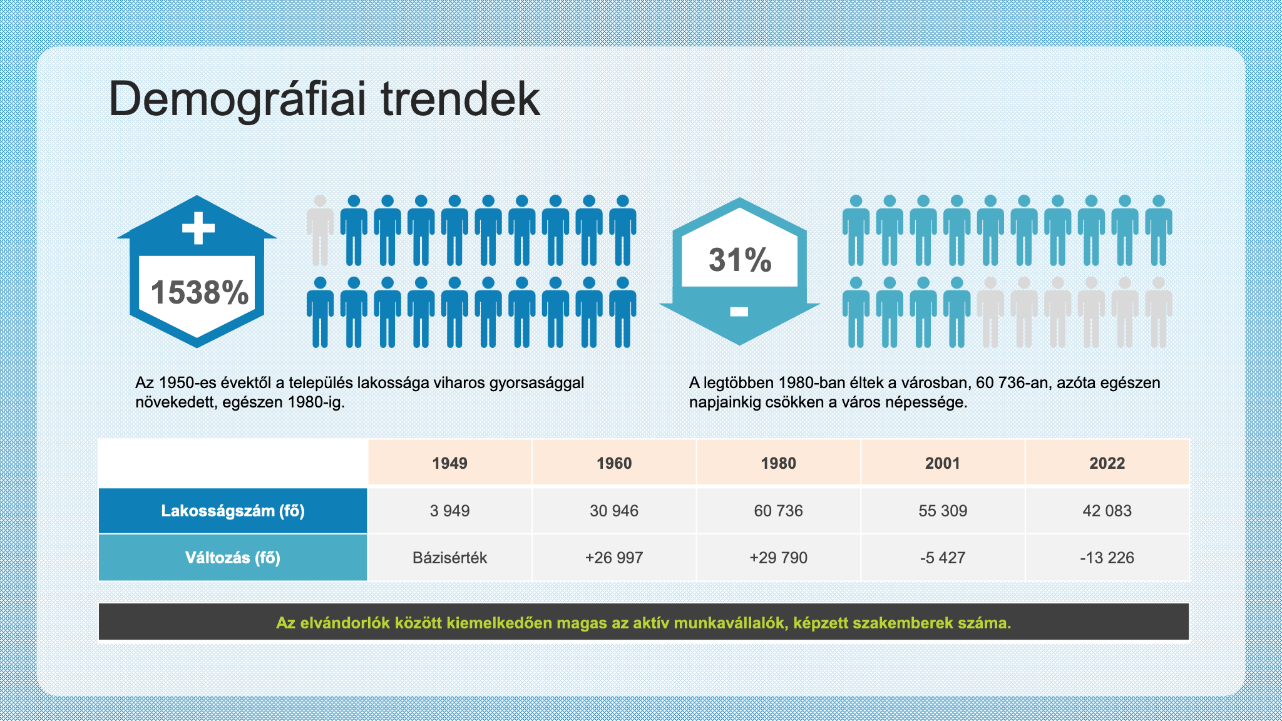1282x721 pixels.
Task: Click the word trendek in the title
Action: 460,100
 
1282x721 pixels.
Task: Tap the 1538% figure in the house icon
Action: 200,292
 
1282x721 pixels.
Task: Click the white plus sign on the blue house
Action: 198,228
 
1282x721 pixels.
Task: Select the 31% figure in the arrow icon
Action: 740,260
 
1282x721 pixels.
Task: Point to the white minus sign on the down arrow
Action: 739,311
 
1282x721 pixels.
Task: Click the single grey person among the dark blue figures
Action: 320,230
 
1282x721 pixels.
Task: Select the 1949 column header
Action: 450,463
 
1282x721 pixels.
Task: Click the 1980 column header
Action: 779,463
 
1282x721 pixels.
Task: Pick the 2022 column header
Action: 1107,463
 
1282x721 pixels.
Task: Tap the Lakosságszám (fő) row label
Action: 233,511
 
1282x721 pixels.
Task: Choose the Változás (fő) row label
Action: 233,558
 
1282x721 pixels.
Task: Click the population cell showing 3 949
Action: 450,511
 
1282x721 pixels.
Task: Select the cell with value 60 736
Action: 779,511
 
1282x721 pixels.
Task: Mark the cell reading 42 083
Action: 1107,511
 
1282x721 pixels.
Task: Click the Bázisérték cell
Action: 450,558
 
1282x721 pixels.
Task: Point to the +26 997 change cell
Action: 614,558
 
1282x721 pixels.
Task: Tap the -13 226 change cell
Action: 1107,558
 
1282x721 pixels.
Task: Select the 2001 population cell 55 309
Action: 943,511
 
